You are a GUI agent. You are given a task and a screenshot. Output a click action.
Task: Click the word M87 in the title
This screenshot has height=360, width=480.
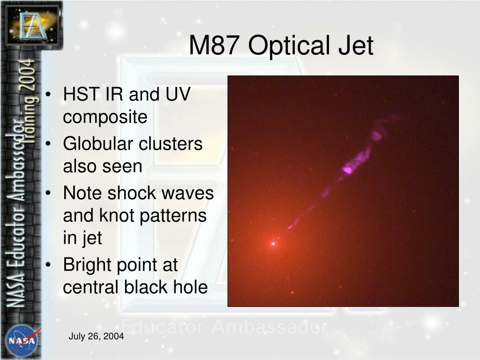(214, 45)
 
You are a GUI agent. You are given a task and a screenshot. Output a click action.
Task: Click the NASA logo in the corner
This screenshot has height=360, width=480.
(22, 340)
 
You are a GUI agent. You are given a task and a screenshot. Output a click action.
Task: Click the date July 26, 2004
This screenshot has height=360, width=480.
(96, 336)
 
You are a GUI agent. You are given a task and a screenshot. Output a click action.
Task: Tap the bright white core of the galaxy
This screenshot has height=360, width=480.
(273, 244)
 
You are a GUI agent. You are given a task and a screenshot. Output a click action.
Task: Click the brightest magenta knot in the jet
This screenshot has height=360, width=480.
(347, 169)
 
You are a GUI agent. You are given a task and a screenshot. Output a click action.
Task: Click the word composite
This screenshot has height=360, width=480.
(105, 117)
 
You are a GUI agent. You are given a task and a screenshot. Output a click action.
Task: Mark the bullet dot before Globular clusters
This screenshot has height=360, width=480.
(48, 144)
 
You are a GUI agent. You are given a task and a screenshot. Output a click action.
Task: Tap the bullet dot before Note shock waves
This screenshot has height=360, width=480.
(48, 194)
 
